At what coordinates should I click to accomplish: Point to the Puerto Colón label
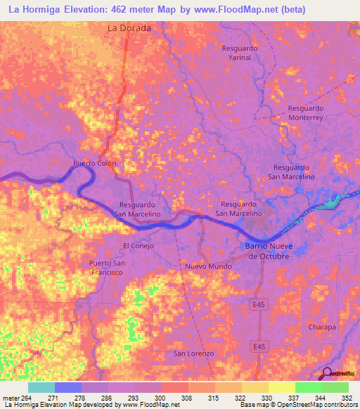[x=94, y=164]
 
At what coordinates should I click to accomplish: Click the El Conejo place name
[x=138, y=245]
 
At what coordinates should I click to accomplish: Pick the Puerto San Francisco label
[x=107, y=267]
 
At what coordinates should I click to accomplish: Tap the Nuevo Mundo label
[x=208, y=267]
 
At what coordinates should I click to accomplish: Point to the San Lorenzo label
[x=193, y=353]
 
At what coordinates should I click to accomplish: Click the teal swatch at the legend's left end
[x=41, y=387]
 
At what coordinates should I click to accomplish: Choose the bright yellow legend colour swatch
[x=282, y=387]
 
